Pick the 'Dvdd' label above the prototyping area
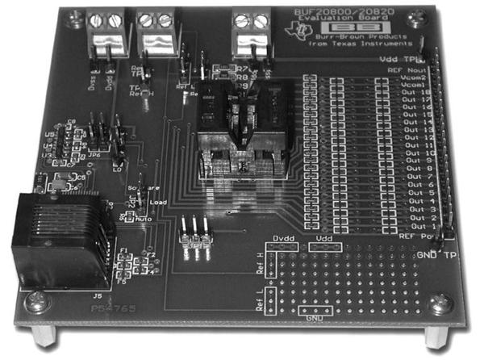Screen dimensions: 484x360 point(281,240)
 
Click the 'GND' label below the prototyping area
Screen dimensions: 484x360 point(314,317)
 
